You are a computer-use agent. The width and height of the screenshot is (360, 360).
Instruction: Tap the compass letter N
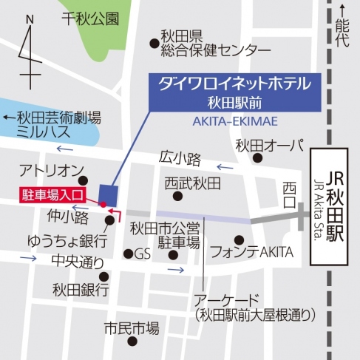tap(29, 19)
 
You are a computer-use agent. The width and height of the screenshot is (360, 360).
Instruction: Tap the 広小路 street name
tap(179, 157)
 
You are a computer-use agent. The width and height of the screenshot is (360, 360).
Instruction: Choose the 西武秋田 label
tap(193, 181)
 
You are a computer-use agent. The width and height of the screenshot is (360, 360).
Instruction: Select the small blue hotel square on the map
tap(106, 194)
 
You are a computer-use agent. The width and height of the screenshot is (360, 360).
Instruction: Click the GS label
tap(141, 254)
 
